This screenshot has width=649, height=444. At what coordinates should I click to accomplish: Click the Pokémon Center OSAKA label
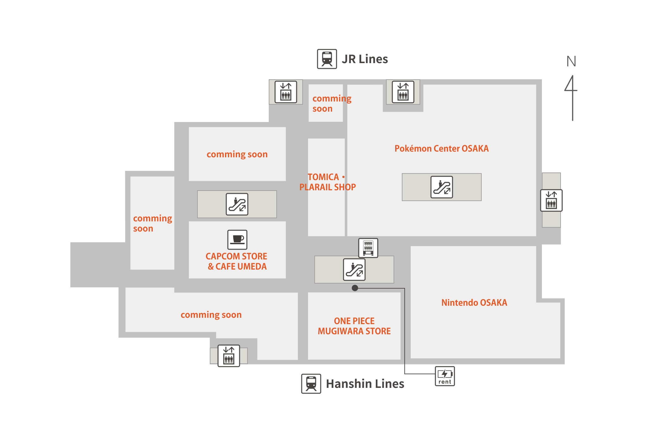click(441, 148)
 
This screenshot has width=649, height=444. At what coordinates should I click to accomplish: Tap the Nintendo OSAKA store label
click(474, 303)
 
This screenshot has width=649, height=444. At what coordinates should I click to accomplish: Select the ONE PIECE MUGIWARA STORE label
click(354, 326)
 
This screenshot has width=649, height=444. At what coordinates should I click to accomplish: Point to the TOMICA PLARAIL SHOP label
click(327, 182)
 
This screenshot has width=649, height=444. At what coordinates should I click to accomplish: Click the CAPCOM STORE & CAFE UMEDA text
click(237, 261)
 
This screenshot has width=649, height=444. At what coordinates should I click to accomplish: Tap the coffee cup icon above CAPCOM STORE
click(237, 239)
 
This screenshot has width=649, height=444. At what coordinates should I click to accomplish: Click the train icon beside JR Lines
click(327, 59)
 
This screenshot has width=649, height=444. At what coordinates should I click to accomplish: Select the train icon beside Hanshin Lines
click(311, 384)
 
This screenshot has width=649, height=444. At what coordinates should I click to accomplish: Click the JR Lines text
click(365, 59)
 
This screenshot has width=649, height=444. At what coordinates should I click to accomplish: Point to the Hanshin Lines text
click(365, 384)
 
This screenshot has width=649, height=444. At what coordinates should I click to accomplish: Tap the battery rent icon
click(445, 376)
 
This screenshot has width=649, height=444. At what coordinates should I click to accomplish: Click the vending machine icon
click(368, 248)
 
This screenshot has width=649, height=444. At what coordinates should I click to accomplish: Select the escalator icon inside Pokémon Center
click(441, 187)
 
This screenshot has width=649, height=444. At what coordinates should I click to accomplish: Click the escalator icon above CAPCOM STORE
click(237, 204)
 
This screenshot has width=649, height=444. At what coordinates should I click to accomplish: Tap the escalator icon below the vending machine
click(354, 270)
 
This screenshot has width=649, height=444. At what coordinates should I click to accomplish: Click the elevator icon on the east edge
click(551, 200)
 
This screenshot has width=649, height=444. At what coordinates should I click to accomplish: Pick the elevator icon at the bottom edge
click(228, 356)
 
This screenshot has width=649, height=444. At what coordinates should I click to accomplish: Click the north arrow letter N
click(571, 62)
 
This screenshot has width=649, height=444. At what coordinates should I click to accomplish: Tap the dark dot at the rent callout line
click(355, 288)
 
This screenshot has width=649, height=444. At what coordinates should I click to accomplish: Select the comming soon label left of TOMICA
click(237, 154)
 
